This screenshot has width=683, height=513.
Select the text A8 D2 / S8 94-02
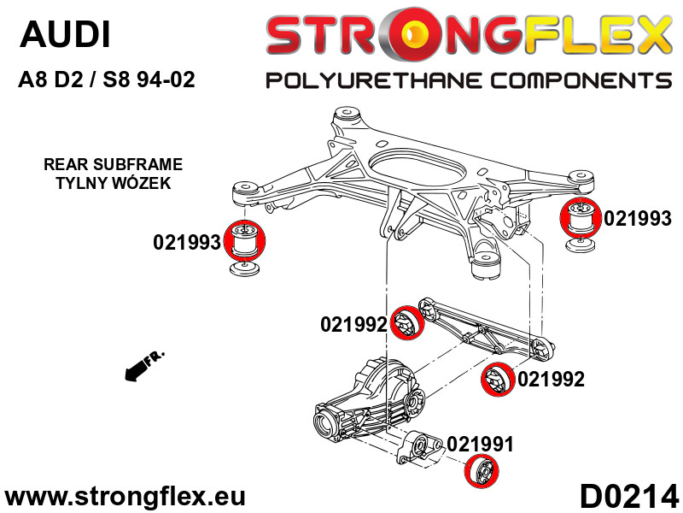[107, 80]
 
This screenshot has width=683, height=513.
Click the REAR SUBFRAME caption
[113, 164]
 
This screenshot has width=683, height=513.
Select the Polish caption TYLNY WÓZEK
[113, 183]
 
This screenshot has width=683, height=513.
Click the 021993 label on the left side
[187, 243]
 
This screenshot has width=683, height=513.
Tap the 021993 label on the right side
[637, 218]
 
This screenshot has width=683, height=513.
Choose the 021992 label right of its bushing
[551, 379]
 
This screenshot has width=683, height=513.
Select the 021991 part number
[480, 445]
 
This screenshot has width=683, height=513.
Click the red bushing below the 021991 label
[482, 471]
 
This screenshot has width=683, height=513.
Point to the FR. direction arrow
[143, 365]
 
